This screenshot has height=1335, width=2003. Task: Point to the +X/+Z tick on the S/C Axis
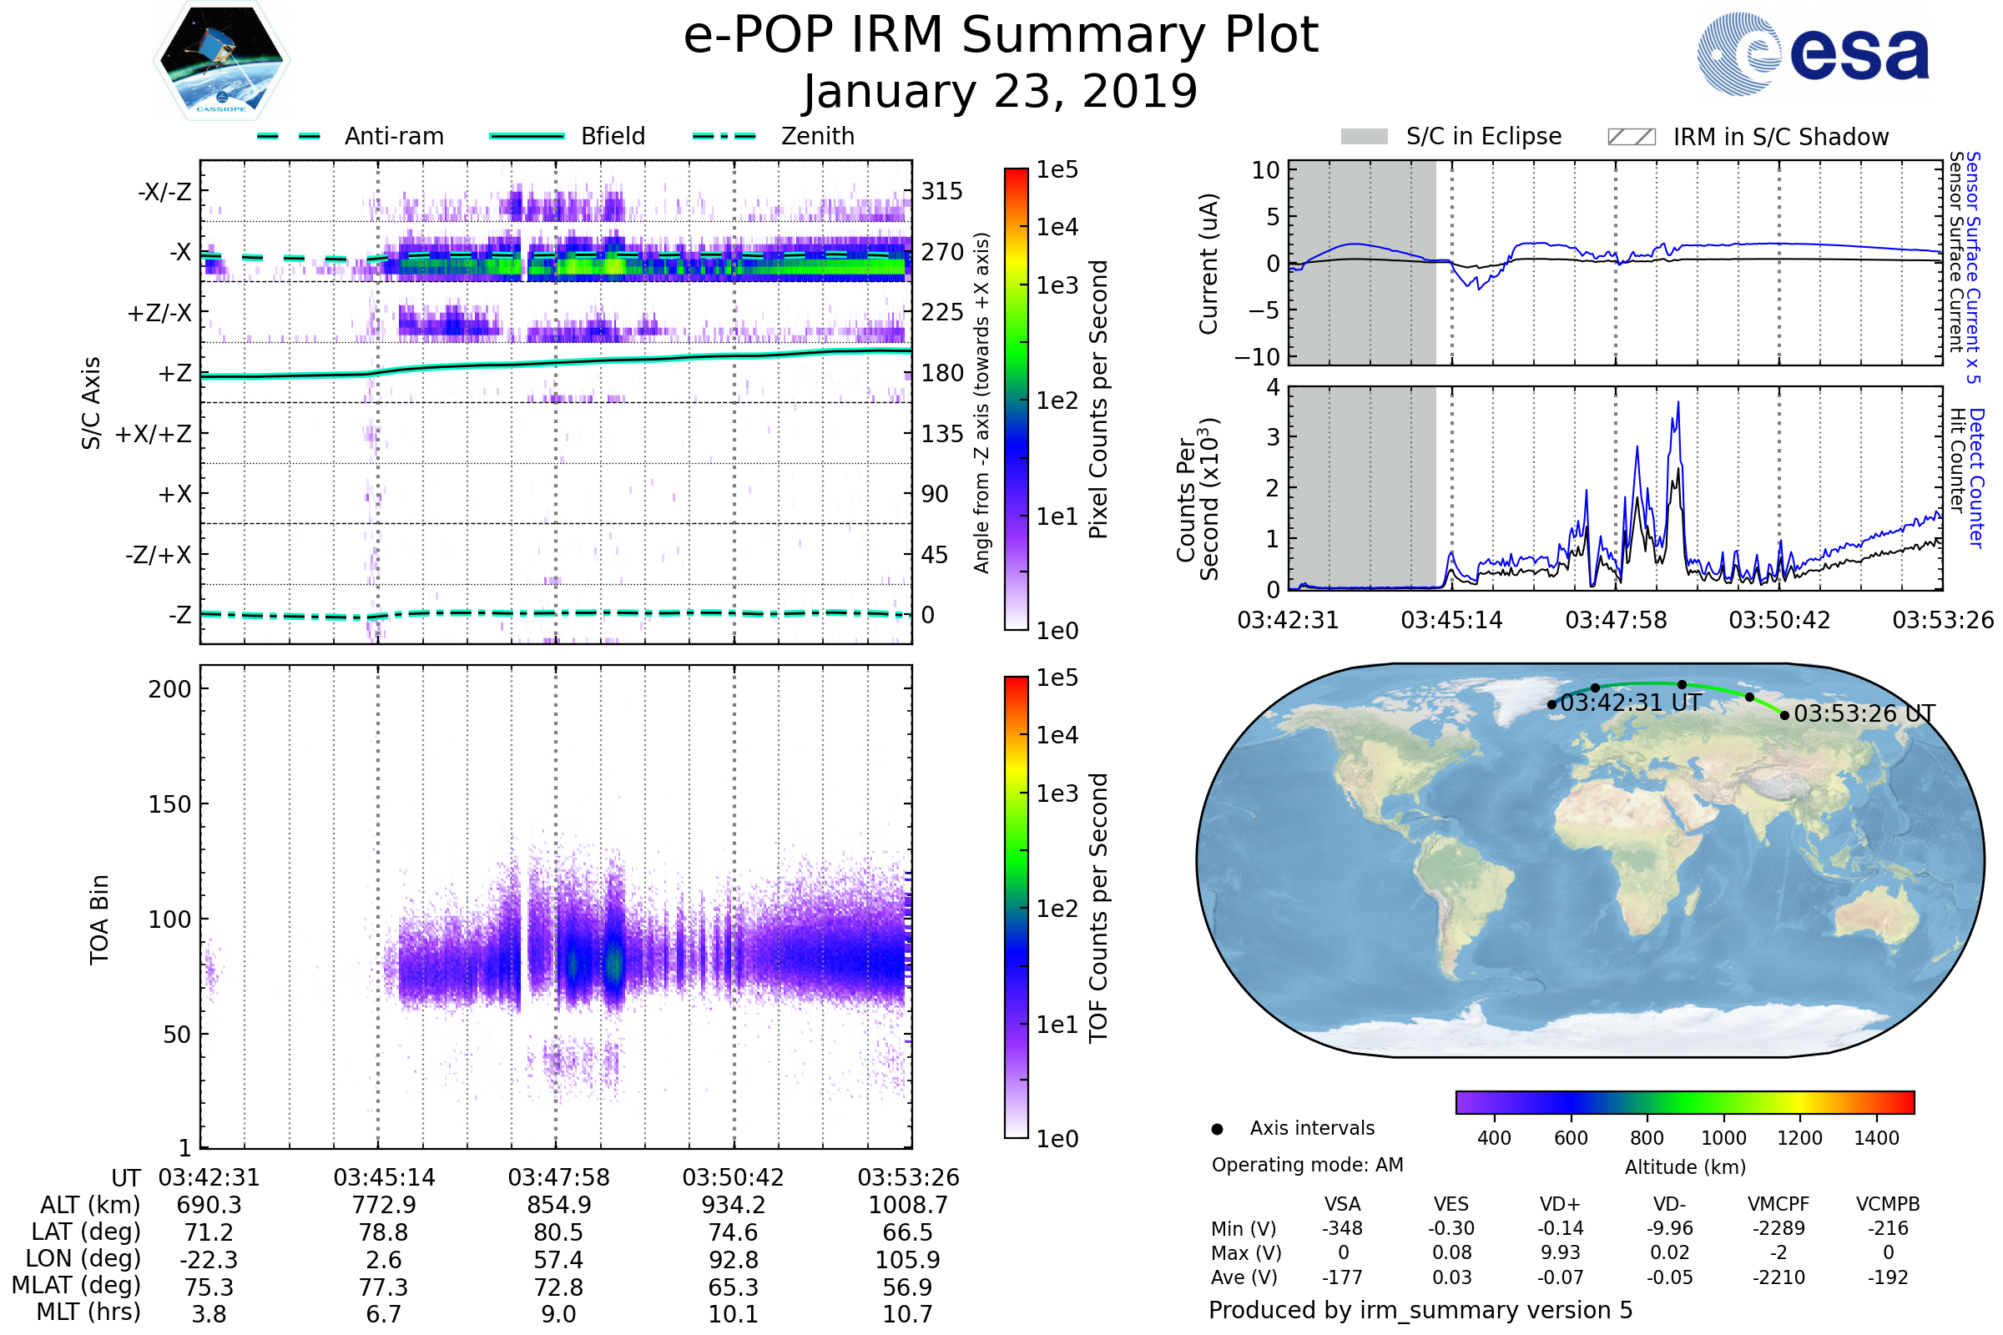click(x=154, y=434)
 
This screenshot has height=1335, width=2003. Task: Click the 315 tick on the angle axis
click(x=941, y=191)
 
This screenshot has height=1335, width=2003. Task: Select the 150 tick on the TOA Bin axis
click(x=169, y=804)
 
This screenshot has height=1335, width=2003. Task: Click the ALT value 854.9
click(x=558, y=1206)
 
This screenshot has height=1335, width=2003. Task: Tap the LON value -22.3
click(x=209, y=1260)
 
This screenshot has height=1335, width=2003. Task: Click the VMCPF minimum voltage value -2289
click(x=1778, y=1228)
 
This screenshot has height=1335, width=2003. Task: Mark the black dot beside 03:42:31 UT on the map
click(x=1551, y=704)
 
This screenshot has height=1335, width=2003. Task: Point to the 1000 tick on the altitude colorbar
click(x=1723, y=1138)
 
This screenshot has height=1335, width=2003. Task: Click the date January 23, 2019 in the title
click(x=1001, y=92)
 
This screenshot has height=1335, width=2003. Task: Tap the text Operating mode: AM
click(x=1307, y=1165)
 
